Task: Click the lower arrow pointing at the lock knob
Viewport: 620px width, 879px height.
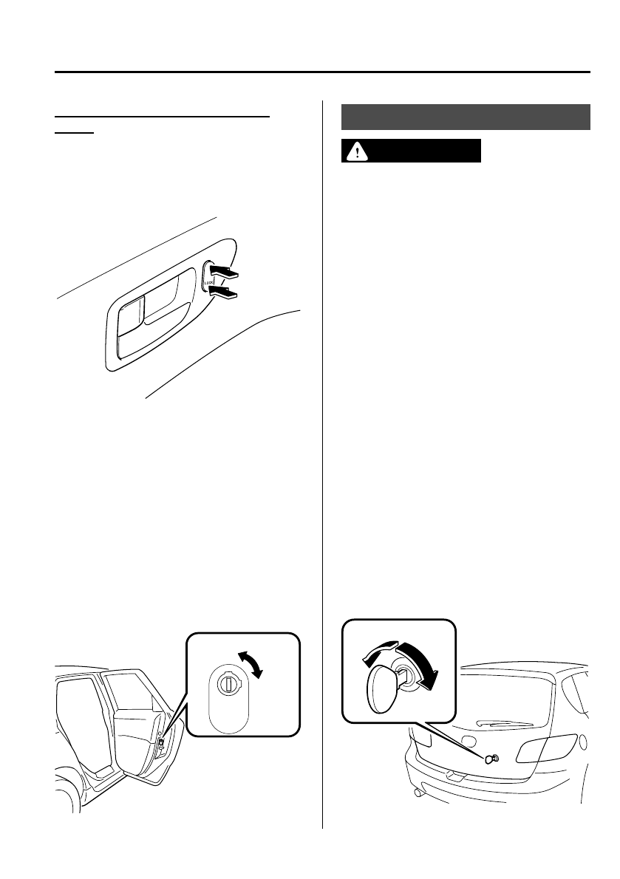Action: tap(226, 294)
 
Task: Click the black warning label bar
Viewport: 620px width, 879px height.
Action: tap(411, 151)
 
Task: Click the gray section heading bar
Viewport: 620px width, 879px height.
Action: tap(466, 117)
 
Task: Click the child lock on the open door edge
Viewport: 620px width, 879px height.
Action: tap(160, 742)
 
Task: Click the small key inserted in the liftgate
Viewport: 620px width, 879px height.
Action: tap(490, 759)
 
